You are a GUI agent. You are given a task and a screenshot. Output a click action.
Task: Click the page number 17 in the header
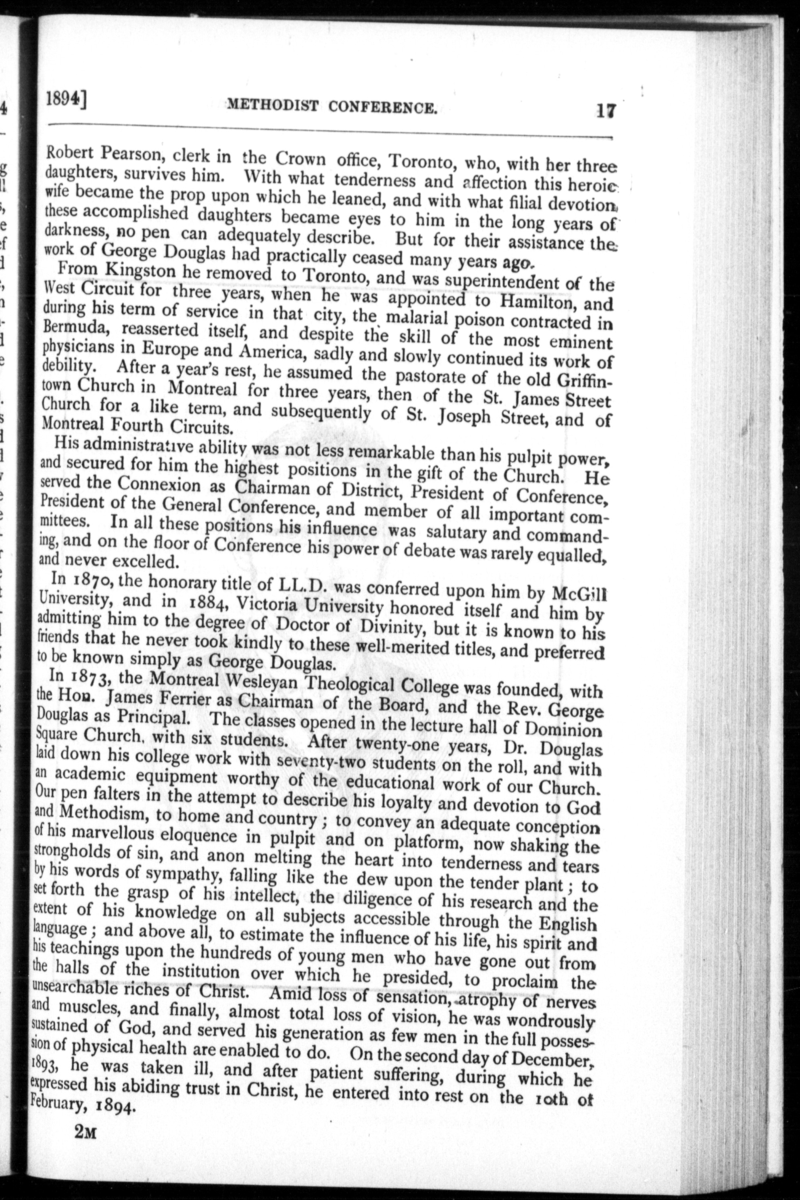pos(606,111)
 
